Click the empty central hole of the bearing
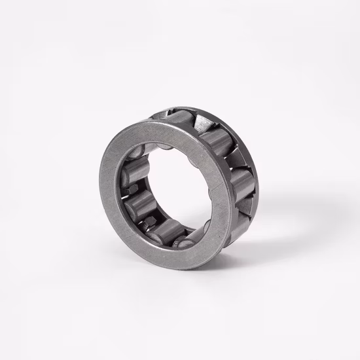(x=167, y=187)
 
